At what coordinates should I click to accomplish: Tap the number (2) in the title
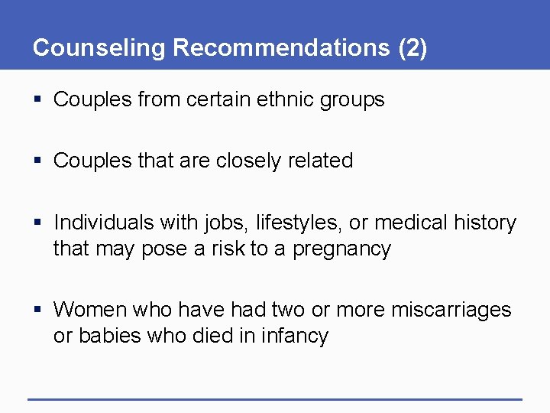pyautogui.click(x=412, y=47)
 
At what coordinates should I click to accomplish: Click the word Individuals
pyautogui.click(x=104, y=223)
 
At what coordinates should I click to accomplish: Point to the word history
pyautogui.click(x=484, y=223)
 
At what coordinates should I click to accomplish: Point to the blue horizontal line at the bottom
pyautogui.click(x=275, y=398)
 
